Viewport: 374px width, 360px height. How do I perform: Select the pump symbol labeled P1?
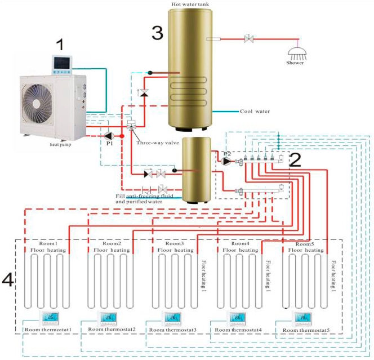109,135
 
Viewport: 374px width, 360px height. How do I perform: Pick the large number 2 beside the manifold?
296,160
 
